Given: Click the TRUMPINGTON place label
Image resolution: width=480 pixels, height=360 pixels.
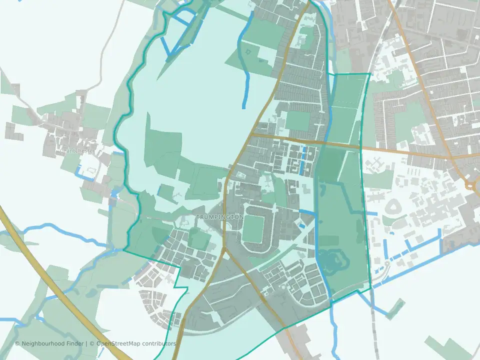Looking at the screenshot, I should pyautogui.click(x=220, y=217).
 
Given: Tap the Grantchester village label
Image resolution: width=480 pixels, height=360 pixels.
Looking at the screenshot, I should pyautogui.click(x=76, y=150).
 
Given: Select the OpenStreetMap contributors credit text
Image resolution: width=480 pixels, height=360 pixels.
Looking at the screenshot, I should pyautogui.click(x=136, y=344).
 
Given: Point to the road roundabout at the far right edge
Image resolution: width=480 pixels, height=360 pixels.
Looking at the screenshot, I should pyautogui.click(x=471, y=185).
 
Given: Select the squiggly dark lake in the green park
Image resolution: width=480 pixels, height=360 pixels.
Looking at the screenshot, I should pyautogui.click(x=331, y=260).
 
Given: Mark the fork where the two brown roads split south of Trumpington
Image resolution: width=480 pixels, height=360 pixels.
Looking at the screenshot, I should pyautogui.click(x=225, y=250).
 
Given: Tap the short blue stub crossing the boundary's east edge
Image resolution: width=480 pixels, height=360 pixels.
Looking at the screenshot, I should pyautogui.click(x=371, y=214).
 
